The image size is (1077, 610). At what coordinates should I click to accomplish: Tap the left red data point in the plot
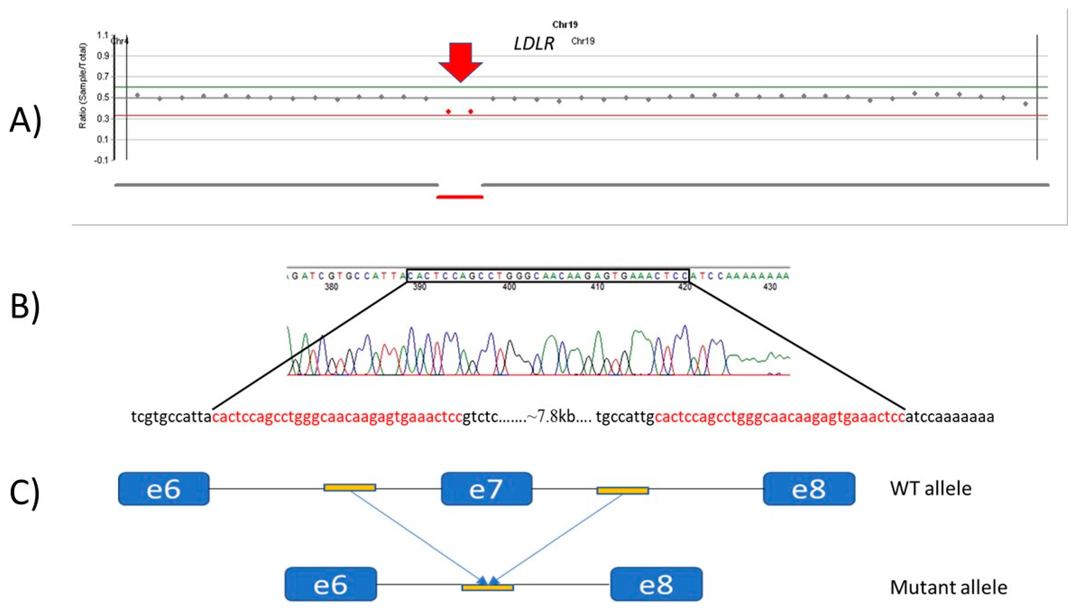pyautogui.click(x=448, y=111)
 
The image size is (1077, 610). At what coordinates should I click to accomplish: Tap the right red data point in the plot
pyautogui.click(x=471, y=111)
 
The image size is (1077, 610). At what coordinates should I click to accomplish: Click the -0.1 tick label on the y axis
pyautogui.click(x=101, y=160)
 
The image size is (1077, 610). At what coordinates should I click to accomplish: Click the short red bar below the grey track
pyautogui.click(x=460, y=197)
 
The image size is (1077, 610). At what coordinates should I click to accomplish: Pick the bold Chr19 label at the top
pyautogui.click(x=565, y=25)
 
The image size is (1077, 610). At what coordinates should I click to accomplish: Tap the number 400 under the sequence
pyautogui.click(x=509, y=287)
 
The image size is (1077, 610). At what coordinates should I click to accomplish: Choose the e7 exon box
pyautogui.click(x=486, y=488)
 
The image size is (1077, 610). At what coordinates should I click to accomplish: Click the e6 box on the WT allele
pyautogui.click(x=164, y=488)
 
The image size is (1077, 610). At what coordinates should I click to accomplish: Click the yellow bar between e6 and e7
pyautogui.click(x=350, y=487)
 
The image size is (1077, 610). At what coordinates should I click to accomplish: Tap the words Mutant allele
pyautogui.click(x=948, y=587)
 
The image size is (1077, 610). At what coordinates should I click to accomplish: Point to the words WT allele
pyautogui.click(x=930, y=488)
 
